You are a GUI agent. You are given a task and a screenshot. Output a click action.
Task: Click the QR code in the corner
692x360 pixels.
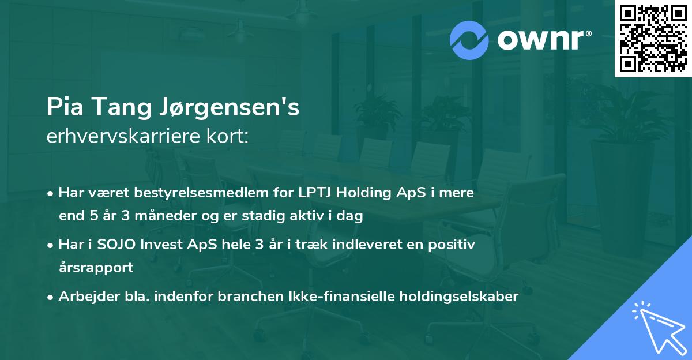pyautogui.click(x=653, y=39)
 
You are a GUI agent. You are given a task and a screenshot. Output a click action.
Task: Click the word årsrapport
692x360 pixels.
pyautogui.click(x=96, y=268)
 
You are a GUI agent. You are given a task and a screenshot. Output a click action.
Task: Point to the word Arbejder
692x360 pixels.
pyautogui.click(x=84, y=297)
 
